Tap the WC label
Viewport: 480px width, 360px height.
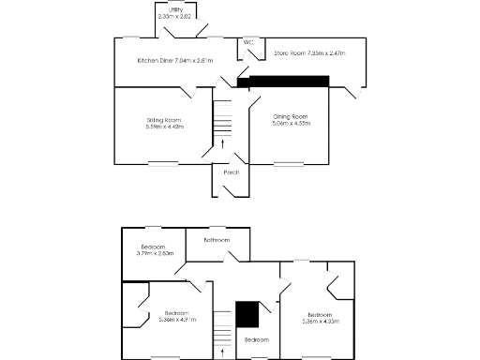pos(248,42)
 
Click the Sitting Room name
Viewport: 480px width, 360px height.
pos(163,120)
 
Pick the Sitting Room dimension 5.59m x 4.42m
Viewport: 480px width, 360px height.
pos(163,127)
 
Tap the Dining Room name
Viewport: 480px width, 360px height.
pos(290,116)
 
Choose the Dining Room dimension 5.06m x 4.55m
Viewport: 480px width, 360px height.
pos(290,123)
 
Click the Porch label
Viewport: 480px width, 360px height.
pos(231,172)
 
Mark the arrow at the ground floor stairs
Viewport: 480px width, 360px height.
pos(222,143)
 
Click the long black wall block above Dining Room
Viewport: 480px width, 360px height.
pos(283,82)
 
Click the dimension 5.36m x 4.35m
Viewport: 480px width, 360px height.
pos(320,321)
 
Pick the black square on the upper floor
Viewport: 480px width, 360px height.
pos(247,313)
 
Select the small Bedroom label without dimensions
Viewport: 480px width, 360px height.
pos(257,339)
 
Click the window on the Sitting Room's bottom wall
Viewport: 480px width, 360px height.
pos(162,164)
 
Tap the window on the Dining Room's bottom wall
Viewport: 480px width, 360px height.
pos(289,164)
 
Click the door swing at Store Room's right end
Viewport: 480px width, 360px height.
pos(356,93)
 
